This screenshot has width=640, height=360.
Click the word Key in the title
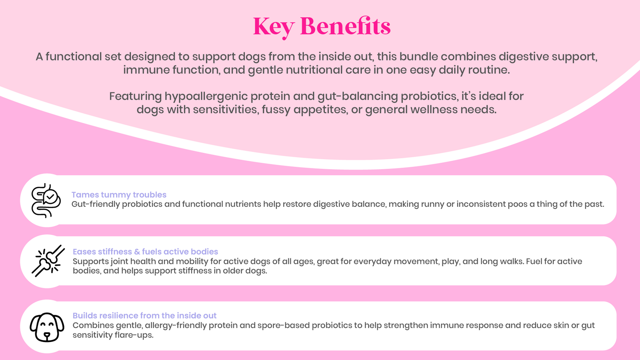click(274, 27)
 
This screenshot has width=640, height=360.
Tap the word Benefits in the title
click(346, 26)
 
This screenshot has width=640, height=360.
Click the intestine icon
click(46, 200)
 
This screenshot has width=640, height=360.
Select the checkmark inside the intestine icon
click(50, 196)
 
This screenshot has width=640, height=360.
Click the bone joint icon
click(48, 261)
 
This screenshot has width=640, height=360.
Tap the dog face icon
click(47, 327)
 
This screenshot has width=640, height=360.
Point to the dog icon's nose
click(47, 334)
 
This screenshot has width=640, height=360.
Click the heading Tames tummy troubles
click(119, 194)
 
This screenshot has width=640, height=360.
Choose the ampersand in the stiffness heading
click(137, 252)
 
